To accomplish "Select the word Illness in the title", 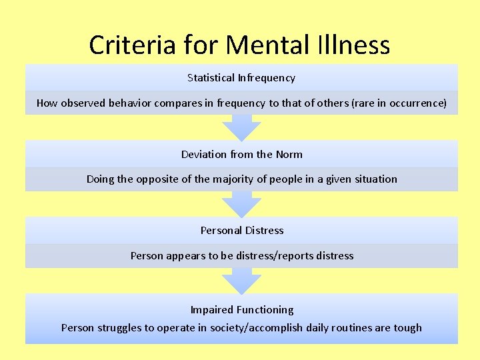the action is (355, 45).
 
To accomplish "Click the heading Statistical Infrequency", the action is (241, 78).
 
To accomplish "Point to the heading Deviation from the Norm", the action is (241, 155).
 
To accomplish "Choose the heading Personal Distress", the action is (241, 231).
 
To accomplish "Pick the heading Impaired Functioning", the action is (241, 310).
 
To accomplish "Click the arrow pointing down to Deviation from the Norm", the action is (241, 127).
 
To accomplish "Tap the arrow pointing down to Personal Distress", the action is (241, 204).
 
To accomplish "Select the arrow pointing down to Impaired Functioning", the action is (241, 280).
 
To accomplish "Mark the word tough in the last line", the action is (408, 328).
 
